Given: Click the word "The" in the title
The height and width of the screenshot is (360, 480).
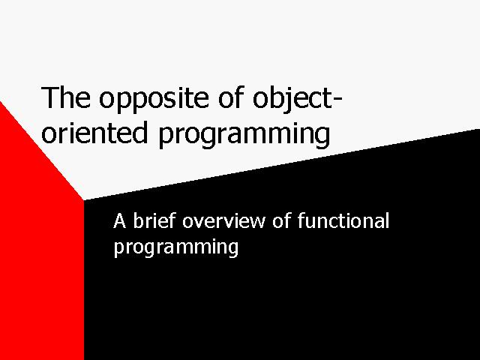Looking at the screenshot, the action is pos(66,97).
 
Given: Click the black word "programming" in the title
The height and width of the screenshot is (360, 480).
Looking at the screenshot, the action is pos(244,135).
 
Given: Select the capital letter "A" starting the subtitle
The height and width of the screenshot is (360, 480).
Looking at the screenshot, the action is pos(120,221).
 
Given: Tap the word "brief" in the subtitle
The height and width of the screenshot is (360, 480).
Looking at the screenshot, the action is pos(154,220).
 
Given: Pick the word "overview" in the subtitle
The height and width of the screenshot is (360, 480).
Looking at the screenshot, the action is pos(223,220).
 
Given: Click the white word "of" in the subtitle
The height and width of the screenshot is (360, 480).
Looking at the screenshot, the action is pos(281,220).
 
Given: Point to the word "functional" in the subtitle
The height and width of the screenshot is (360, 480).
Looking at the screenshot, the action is pos(343,220).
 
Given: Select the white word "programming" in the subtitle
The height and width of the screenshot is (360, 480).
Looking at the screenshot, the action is pos(176,247).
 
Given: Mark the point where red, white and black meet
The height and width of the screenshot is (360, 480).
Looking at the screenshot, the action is pos(84,200).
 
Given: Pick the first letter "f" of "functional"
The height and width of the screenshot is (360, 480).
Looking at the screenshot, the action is pos(301,220).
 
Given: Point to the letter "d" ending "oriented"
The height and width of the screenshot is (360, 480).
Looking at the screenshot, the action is pos(140,132).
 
